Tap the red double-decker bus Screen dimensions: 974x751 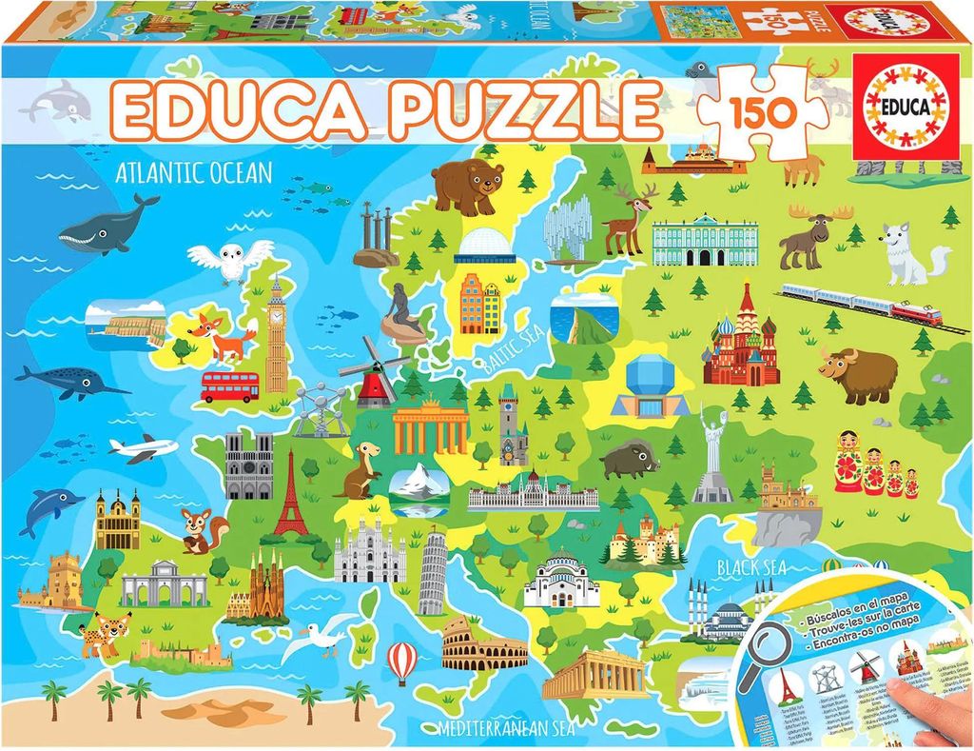pos(229,385)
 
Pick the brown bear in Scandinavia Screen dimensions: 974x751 pos(467,184)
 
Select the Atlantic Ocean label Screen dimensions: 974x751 pos(193,173)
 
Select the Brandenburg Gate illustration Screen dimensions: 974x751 pos(431,427)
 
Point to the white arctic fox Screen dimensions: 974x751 pos(908,254)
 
